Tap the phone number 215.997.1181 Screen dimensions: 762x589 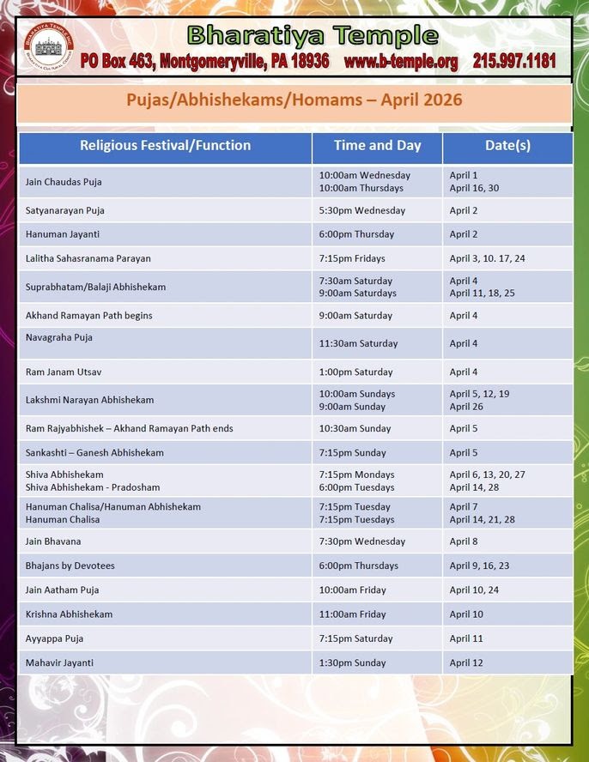point(513,61)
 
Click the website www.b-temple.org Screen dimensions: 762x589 point(400,61)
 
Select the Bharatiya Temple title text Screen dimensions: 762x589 point(313,36)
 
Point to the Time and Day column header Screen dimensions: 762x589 point(377,146)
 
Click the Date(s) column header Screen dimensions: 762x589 point(507,146)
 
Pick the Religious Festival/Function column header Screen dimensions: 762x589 point(165,146)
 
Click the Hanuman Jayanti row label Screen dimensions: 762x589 point(62,234)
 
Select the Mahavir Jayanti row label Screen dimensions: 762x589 point(59,662)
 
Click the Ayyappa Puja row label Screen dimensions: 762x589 point(54,638)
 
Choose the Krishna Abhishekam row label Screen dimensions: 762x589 point(69,614)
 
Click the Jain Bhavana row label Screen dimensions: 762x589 point(53,541)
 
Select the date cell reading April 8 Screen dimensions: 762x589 point(465,541)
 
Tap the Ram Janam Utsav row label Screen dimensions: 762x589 point(64,372)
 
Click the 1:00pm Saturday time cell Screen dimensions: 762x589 point(355,372)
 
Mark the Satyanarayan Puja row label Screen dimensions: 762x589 point(65,210)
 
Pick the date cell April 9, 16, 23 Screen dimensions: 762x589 point(479,565)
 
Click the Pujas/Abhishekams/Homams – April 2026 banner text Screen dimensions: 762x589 point(294,100)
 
